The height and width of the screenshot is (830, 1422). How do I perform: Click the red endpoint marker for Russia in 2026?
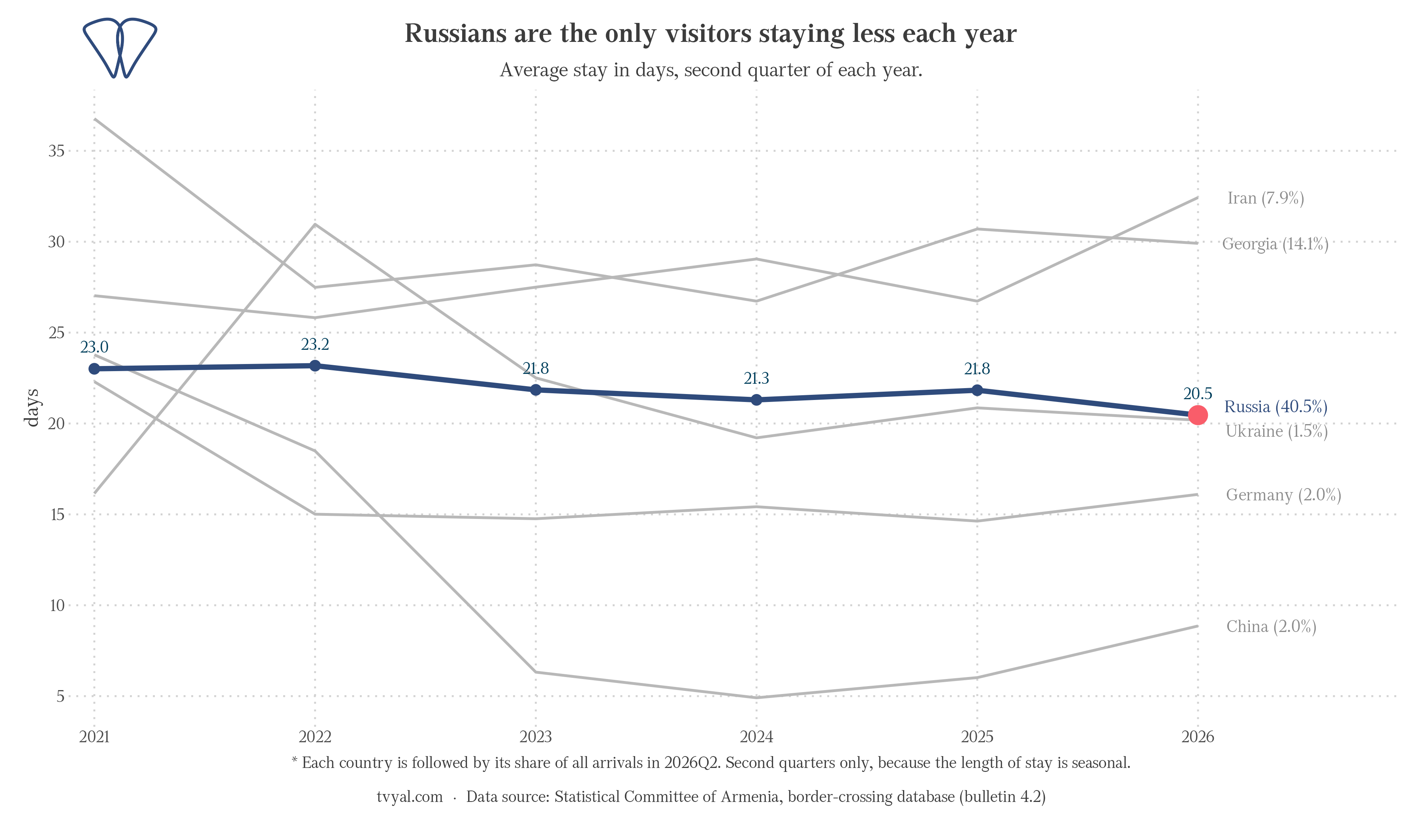(1197, 415)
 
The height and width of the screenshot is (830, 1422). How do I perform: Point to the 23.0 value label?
(94, 347)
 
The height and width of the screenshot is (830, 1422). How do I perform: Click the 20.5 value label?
(1197, 394)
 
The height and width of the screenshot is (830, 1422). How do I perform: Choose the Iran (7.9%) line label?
(1266, 198)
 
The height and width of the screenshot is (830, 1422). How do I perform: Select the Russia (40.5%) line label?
(1276, 407)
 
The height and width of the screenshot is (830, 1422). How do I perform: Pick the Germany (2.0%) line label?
(1284, 495)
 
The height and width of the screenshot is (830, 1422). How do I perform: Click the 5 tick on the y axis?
(61, 696)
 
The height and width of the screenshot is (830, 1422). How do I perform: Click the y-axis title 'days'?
(32, 407)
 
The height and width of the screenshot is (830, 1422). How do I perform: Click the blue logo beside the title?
(120, 48)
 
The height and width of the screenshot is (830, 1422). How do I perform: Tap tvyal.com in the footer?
(410, 797)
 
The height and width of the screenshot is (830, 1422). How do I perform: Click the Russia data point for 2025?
(977, 390)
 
